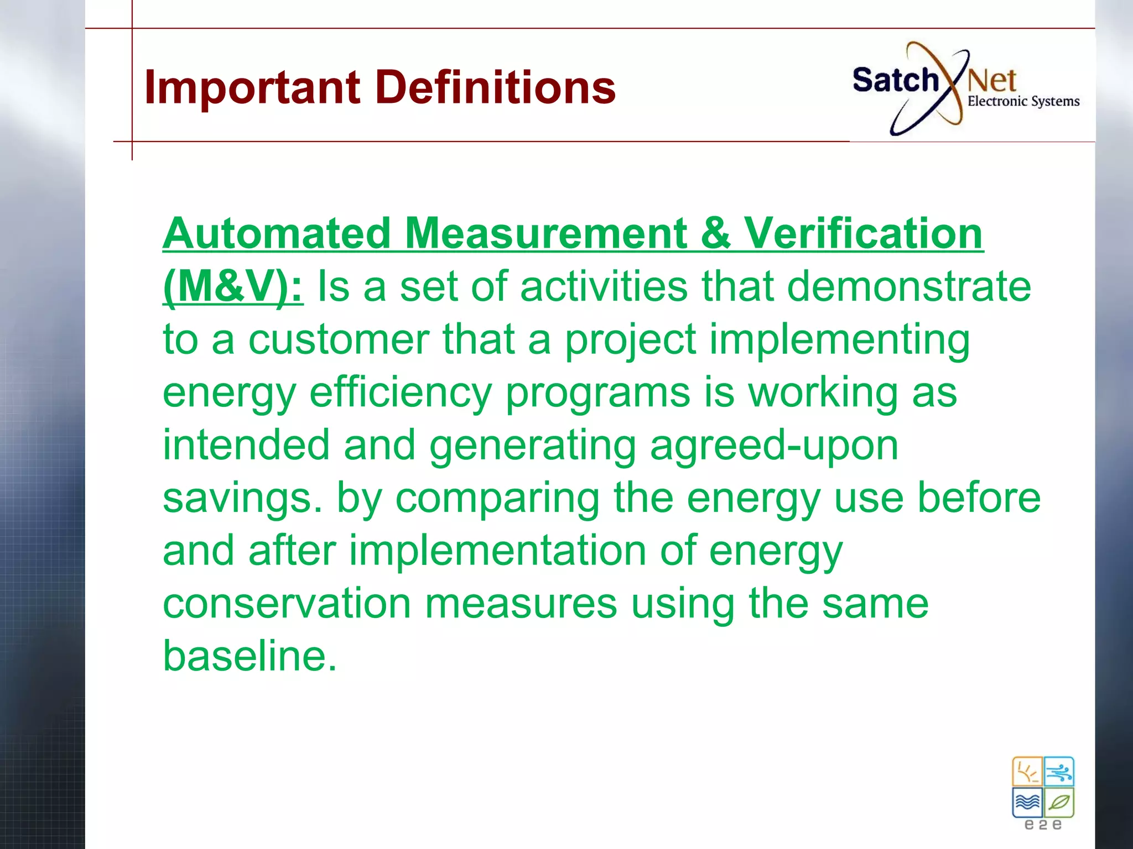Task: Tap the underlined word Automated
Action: pyautogui.click(x=277, y=234)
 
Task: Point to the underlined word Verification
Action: pyautogui.click(x=863, y=234)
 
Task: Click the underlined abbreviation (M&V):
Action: pyautogui.click(x=233, y=287)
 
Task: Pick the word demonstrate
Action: pyautogui.click(x=908, y=287)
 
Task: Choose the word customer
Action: pyautogui.click(x=338, y=339)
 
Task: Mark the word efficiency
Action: pyautogui.click(x=400, y=393)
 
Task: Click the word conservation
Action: pyautogui.click(x=287, y=604)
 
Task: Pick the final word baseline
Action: pyautogui.click(x=249, y=656)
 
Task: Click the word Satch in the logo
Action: pyautogui.click(x=895, y=81)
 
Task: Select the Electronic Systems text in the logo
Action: pyautogui.click(x=1023, y=101)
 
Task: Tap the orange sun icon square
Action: pyautogui.click(x=1027, y=772)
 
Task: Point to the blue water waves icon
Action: pyautogui.click(x=1027, y=803)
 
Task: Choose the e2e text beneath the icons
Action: pyautogui.click(x=1043, y=825)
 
